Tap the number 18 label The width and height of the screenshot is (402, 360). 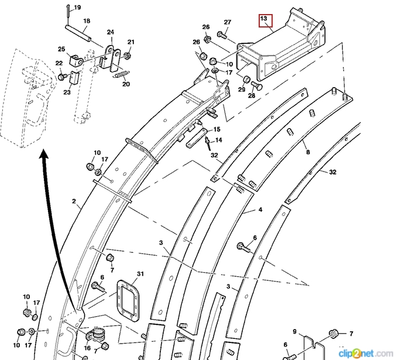(x=86, y=21)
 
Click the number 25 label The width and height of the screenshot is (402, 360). (x=61, y=49)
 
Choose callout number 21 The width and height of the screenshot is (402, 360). (x=131, y=42)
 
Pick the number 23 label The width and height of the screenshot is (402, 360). (x=67, y=92)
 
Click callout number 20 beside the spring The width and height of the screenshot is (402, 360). (x=126, y=84)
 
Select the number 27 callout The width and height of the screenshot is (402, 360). (x=228, y=22)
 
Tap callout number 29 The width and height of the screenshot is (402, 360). (x=241, y=89)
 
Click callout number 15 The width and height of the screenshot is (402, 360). (x=217, y=129)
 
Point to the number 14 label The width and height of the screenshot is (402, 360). (x=218, y=140)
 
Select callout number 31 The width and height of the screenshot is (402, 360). (x=140, y=274)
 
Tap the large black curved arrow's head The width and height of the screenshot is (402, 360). (x=43, y=155)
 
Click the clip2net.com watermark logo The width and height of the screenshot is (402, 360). (x=366, y=352)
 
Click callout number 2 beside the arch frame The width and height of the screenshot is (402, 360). (x=74, y=201)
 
